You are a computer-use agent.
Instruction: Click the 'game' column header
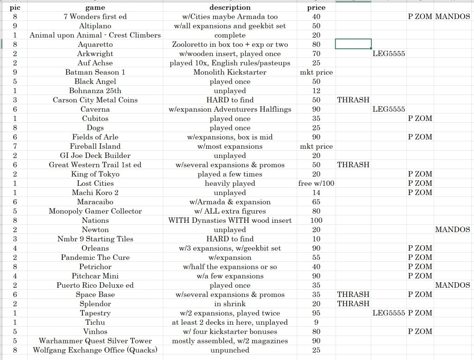[x=95, y=7]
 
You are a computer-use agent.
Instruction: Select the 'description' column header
[x=230, y=7]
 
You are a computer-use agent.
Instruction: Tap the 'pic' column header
[x=15, y=7]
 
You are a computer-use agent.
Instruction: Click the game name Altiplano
[x=95, y=26]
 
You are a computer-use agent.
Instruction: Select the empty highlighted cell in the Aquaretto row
[x=353, y=44]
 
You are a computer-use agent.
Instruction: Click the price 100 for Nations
[x=316, y=221]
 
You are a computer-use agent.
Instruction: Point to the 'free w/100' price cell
[x=316, y=183]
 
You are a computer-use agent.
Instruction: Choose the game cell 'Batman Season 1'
[x=95, y=72]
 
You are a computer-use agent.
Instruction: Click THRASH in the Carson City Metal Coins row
[x=353, y=100]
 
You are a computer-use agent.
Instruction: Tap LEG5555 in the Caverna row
[x=389, y=109]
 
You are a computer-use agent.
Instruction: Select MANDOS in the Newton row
[x=452, y=230]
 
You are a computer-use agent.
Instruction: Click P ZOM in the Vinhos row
[x=420, y=332]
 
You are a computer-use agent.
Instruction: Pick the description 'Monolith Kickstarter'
[x=230, y=72]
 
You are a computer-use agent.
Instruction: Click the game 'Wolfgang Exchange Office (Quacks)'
[x=95, y=350]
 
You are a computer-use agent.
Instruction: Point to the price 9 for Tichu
[x=316, y=322]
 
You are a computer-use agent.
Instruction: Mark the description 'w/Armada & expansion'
[x=230, y=202]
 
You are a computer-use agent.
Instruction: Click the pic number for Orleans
[x=15, y=248]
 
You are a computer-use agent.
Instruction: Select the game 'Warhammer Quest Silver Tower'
[x=95, y=341]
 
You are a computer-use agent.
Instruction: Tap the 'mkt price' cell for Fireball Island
[x=316, y=146]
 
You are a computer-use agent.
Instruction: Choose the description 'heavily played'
[x=230, y=183]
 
